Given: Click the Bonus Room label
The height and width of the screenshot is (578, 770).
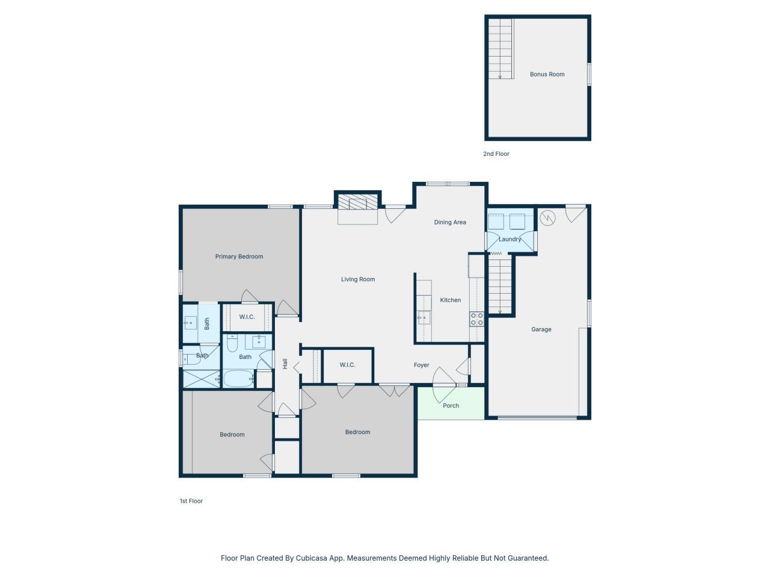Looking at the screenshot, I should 547,75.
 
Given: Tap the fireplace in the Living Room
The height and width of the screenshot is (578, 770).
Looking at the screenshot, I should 358,201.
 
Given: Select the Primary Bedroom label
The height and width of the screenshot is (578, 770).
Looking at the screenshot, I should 239,256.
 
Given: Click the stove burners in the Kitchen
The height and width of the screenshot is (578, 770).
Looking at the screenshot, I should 476,319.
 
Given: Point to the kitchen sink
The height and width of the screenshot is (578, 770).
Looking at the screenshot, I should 423,317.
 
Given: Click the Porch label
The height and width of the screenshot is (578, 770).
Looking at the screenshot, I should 451,406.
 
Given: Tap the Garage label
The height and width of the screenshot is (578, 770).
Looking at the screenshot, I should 541,329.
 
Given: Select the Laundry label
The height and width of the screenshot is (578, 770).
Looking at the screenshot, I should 510,240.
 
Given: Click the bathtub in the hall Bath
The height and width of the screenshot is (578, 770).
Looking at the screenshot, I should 238,379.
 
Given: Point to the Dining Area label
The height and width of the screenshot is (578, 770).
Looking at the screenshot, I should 450,222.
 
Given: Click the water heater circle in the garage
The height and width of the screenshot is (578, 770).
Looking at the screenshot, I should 547,218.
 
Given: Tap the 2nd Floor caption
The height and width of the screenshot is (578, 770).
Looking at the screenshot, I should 496,154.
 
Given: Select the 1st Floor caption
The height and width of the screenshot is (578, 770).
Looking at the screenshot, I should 191,501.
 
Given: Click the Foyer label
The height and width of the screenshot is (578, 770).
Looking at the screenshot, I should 421,365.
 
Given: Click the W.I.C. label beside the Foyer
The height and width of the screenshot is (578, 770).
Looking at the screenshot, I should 347,365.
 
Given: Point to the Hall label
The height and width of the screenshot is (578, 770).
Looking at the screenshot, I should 285,364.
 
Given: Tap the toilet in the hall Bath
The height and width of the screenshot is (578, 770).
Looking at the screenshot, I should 233,343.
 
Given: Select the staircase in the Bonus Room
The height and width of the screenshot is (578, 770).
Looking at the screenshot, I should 500,48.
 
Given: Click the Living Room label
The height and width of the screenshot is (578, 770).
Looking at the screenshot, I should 358,279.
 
